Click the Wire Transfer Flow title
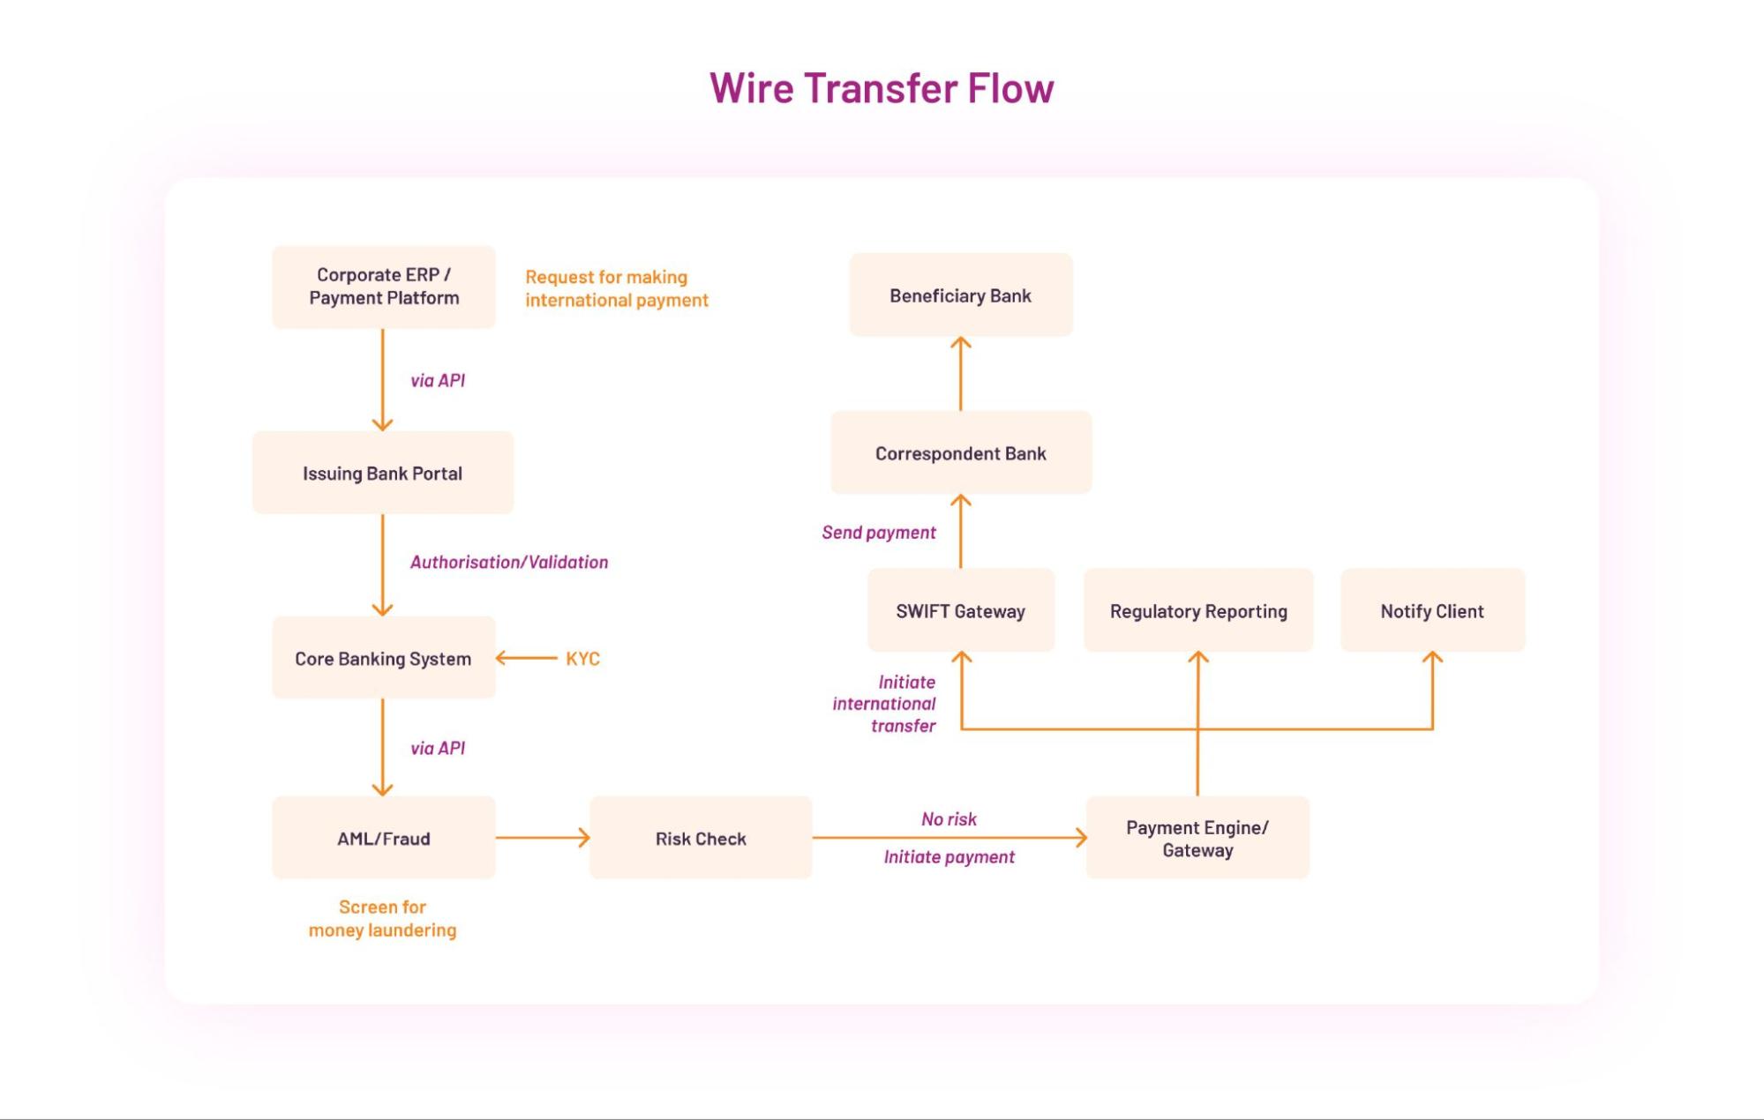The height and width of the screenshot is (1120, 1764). click(x=882, y=88)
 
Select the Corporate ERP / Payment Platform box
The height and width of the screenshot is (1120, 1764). click(x=384, y=287)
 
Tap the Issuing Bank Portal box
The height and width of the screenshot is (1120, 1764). click(x=383, y=473)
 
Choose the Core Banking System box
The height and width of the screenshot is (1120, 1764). click(x=383, y=658)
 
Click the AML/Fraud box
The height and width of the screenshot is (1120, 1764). click(x=383, y=838)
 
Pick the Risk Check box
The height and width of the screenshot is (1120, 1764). click(x=701, y=838)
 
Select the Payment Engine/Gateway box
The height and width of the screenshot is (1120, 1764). click(x=1197, y=838)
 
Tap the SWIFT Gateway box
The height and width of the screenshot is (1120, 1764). click(x=960, y=610)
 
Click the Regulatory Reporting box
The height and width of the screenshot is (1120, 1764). click(x=1198, y=610)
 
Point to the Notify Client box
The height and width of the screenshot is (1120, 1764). click(x=1432, y=610)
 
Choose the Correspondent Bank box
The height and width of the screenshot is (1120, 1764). click(x=960, y=452)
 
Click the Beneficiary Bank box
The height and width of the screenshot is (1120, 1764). click(x=960, y=295)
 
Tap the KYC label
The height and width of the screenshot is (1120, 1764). click(x=582, y=658)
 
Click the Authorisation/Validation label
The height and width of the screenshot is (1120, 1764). click(x=509, y=562)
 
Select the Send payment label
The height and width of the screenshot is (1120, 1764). click(x=878, y=532)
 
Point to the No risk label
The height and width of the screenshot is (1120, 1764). click(x=949, y=818)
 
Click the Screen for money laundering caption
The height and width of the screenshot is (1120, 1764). click(x=382, y=918)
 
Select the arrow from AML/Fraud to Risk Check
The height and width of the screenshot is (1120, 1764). click(x=542, y=838)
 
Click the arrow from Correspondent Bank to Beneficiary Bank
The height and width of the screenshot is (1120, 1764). click(x=960, y=374)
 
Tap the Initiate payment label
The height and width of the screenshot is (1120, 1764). click(x=949, y=856)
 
